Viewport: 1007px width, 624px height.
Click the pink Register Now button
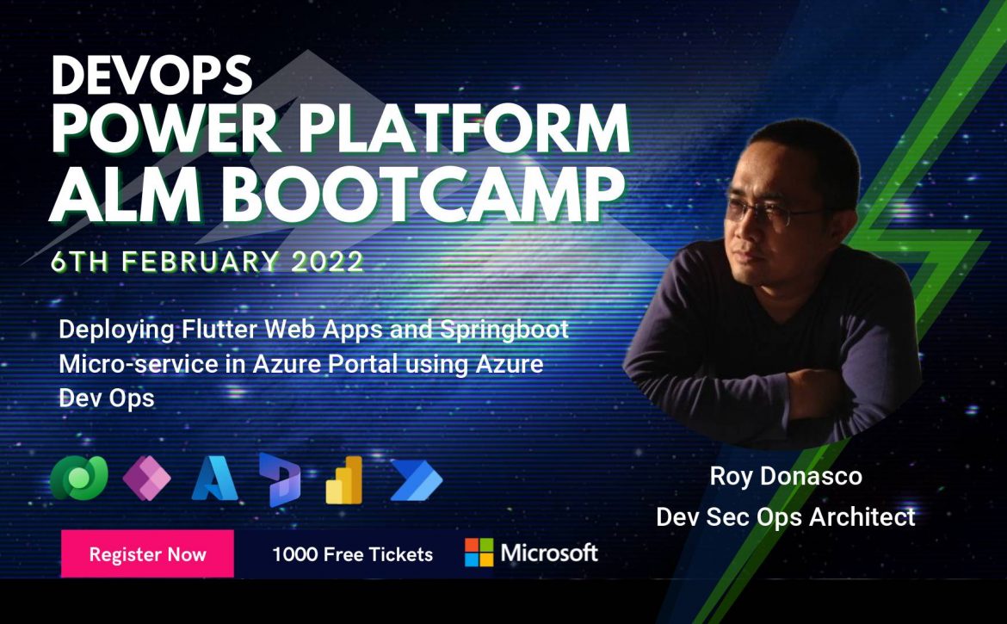147,553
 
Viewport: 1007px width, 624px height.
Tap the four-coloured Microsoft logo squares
479,553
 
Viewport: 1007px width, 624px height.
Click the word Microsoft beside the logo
549,553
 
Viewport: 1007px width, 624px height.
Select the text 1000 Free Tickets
353,554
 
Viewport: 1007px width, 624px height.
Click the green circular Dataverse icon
79,478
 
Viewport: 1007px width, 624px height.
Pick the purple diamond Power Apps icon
146,478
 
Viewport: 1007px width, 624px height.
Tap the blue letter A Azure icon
214,479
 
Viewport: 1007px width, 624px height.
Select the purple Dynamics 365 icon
280,479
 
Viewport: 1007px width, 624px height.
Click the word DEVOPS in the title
151,75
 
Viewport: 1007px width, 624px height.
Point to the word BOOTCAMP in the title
427,193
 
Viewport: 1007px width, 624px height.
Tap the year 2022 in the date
328,262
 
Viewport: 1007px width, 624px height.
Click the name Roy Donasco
786,476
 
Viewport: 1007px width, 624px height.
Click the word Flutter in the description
219,330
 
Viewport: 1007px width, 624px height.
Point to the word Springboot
504,331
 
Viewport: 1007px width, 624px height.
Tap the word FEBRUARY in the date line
201,262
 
